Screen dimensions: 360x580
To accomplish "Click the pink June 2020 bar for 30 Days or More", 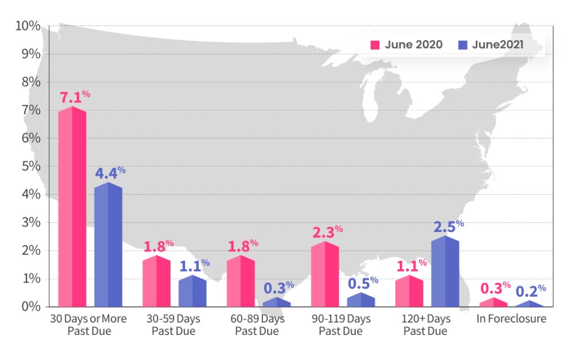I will pyautogui.click(x=72, y=207).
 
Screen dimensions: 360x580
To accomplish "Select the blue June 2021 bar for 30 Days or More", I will pyautogui.click(x=108, y=245).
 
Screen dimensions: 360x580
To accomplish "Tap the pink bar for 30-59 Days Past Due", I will pyautogui.click(x=156, y=281).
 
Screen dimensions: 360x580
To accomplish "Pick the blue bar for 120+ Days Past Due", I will pyautogui.click(x=445, y=272).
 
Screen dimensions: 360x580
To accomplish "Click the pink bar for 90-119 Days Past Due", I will pyautogui.click(x=325, y=275).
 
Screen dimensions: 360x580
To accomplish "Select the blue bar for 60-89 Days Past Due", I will pyautogui.click(x=276, y=302).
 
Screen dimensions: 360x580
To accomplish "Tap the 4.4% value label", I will pyautogui.click(x=110, y=173).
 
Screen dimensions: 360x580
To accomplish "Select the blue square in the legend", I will pyautogui.click(x=462, y=45).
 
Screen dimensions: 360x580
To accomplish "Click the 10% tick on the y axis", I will pyautogui.click(x=28, y=26).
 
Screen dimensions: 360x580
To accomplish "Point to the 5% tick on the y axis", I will pyautogui.click(x=30, y=166).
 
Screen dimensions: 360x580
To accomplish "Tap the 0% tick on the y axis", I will pyautogui.click(x=30, y=306).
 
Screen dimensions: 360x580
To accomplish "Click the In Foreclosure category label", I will pyautogui.click(x=511, y=319).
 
